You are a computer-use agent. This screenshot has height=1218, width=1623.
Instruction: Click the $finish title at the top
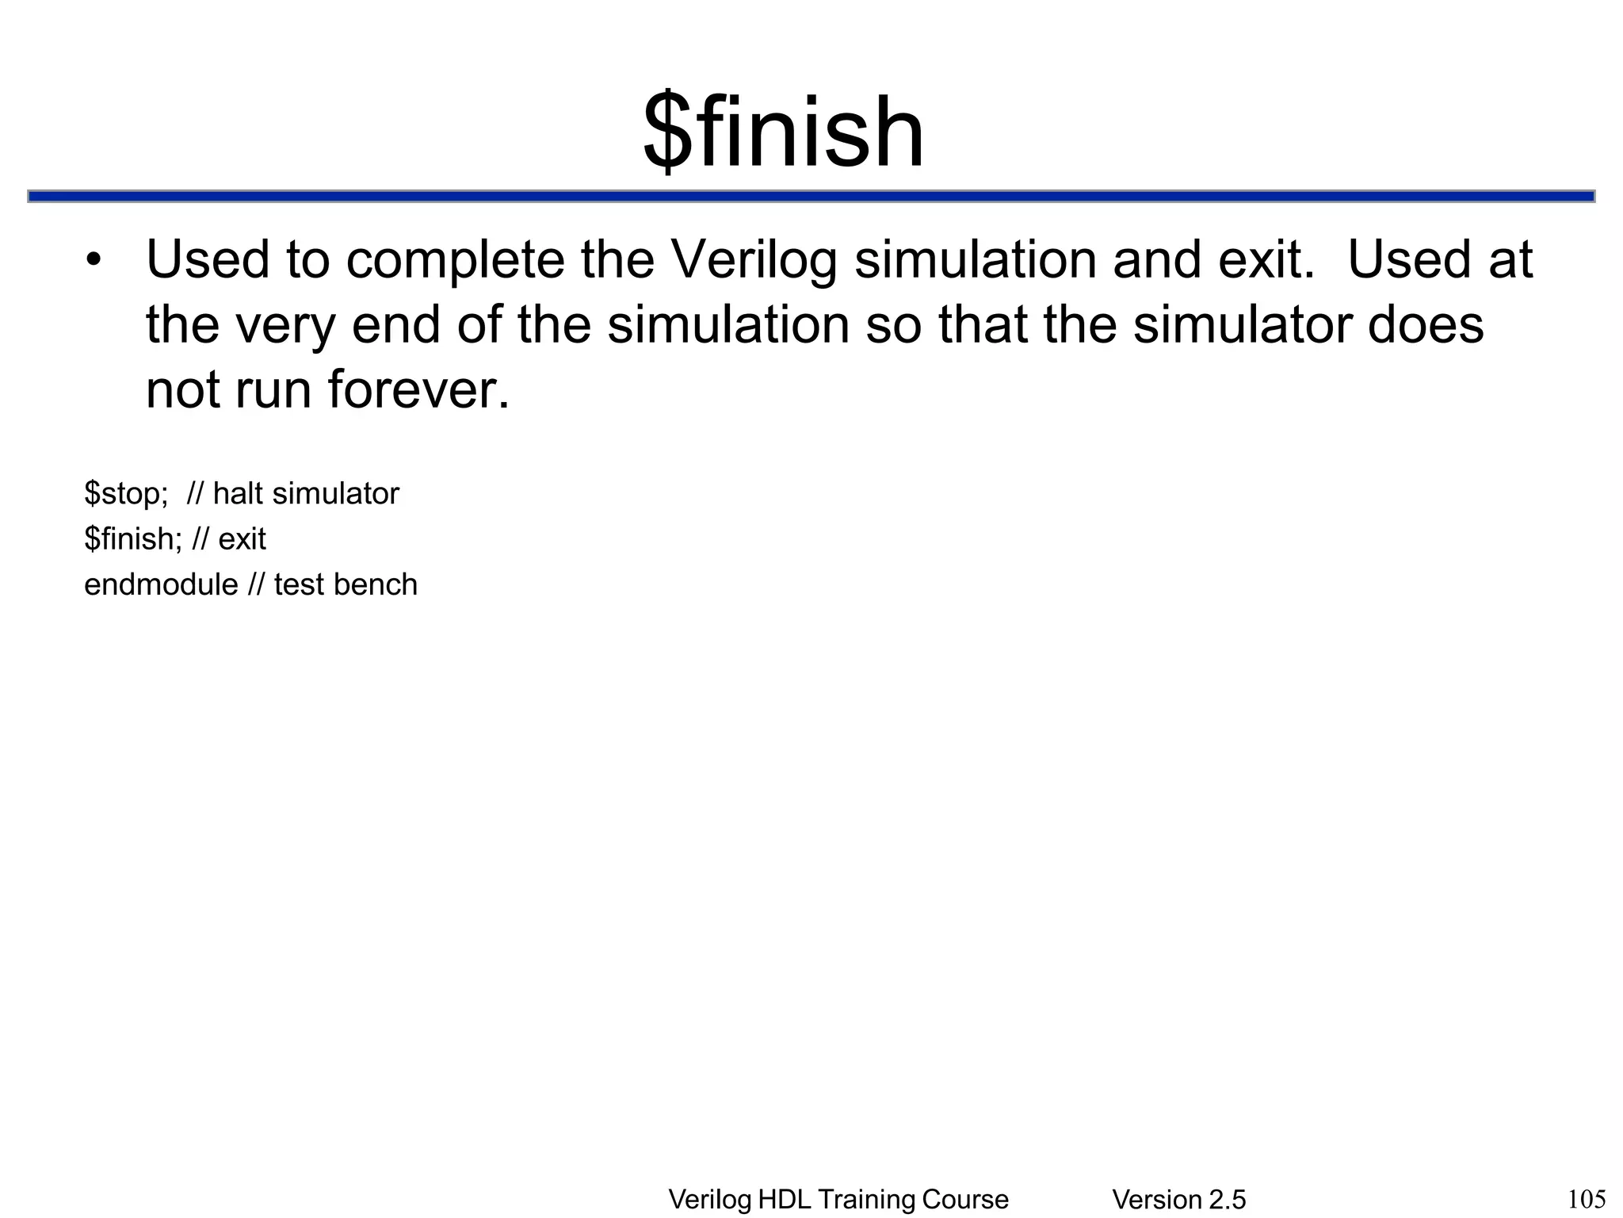point(783,132)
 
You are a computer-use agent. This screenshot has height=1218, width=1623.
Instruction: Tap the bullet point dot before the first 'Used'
point(94,261)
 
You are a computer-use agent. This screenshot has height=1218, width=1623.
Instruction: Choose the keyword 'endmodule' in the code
point(161,584)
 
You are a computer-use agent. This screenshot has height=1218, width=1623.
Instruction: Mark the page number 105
point(1587,1199)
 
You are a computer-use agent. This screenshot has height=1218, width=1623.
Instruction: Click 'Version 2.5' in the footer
point(1178,1200)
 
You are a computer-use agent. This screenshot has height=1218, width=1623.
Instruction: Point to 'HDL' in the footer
point(783,1200)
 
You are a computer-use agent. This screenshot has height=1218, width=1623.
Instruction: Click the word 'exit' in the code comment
point(242,539)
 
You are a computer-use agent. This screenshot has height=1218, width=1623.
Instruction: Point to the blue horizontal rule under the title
point(811,196)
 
